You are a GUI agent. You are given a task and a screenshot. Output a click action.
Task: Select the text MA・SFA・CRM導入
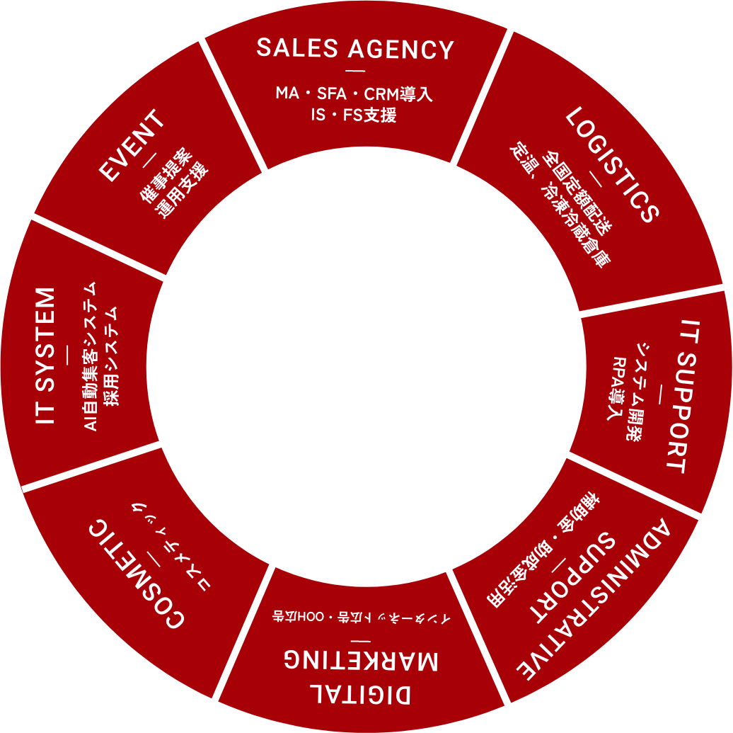pos(354,93)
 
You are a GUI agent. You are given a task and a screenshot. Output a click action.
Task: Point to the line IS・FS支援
pos(354,115)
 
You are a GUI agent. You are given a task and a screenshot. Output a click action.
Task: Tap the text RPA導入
pos(620,389)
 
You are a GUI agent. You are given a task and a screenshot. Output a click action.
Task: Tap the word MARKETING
pos(361,659)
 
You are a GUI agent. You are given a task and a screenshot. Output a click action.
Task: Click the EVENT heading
pos(133,146)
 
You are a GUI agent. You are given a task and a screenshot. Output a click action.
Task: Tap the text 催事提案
pos(165,177)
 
